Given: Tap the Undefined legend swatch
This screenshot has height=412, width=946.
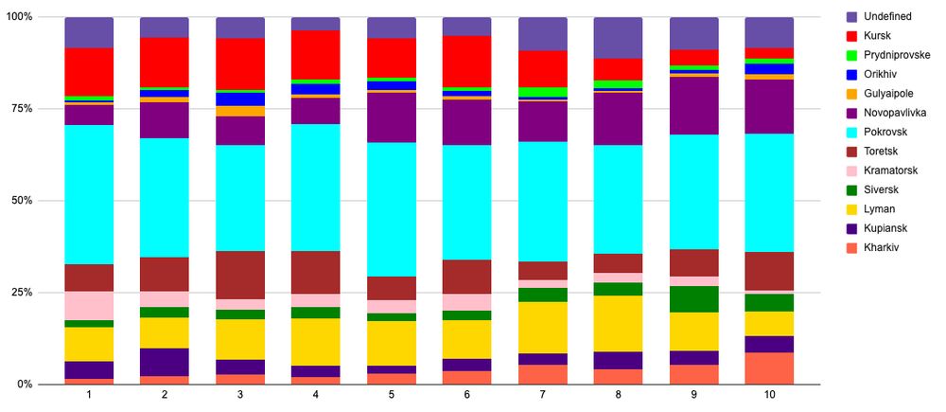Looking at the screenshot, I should [x=851, y=16].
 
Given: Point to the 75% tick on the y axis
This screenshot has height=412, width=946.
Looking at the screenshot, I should [x=21, y=109].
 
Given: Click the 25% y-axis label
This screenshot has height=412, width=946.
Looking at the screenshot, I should [x=21, y=293].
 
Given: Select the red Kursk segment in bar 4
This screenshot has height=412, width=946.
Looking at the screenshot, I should [x=316, y=55].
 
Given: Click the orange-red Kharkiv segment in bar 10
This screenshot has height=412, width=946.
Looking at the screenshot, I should [x=769, y=368].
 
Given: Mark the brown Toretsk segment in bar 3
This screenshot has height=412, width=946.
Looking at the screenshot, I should [x=240, y=275].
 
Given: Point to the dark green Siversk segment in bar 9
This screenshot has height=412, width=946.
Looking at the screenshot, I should [x=693, y=298].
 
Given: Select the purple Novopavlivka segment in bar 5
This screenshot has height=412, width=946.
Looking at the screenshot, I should [x=392, y=116].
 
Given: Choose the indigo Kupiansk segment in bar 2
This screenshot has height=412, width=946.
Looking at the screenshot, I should [x=165, y=362].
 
